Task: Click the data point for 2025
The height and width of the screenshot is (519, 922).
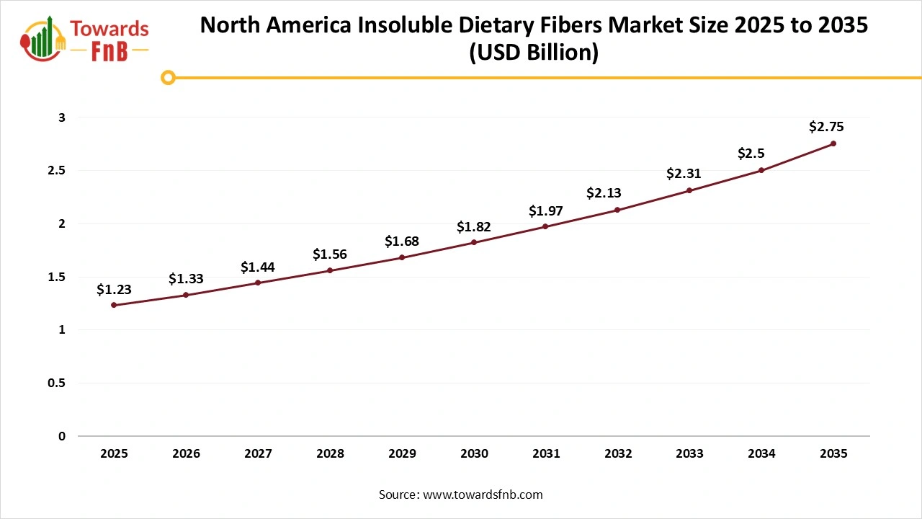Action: click(x=114, y=305)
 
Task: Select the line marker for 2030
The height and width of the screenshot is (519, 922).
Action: click(x=474, y=242)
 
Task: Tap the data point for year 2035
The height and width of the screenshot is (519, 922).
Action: click(x=833, y=143)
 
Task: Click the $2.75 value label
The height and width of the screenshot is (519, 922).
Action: click(x=826, y=127)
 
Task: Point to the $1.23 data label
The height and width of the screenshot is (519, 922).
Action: click(x=114, y=289)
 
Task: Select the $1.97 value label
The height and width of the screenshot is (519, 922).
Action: click(x=546, y=210)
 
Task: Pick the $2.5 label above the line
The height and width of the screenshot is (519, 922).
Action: click(x=751, y=154)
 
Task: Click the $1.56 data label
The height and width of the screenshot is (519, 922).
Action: click(x=330, y=254)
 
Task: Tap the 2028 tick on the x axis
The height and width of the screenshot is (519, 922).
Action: click(x=330, y=454)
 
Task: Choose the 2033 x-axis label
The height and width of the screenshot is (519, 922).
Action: click(x=690, y=454)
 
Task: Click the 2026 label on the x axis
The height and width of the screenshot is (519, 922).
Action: click(x=186, y=454)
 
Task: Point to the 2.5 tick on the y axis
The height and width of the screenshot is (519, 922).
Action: click(x=57, y=170)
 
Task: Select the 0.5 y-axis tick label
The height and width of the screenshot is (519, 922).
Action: click(x=57, y=383)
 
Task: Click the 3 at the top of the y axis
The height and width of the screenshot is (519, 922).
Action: click(x=62, y=117)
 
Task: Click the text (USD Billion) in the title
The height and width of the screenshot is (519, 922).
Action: click(x=534, y=53)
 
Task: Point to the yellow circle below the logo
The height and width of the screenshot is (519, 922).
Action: click(x=168, y=77)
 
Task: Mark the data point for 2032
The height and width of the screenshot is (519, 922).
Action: click(x=617, y=210)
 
